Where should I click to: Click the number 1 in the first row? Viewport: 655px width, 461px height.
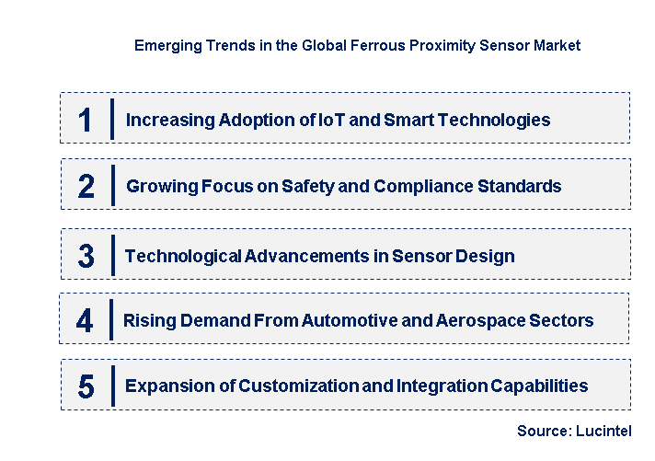tap(86, 120)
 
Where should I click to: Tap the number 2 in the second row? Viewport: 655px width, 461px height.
tap(86, 186)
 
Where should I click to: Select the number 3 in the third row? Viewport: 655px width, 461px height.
tap(86, 256)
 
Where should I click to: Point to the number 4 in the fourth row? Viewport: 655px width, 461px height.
tap(85, 321)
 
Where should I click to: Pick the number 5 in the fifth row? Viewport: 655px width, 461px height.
tap(86, 386)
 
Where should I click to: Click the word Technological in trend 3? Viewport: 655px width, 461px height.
tap(183, 256)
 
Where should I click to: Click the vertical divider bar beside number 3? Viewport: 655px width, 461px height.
tap(112, 255)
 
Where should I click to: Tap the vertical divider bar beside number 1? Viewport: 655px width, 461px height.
tap(112, 119)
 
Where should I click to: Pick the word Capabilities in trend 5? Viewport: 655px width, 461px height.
tap(543, 386)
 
